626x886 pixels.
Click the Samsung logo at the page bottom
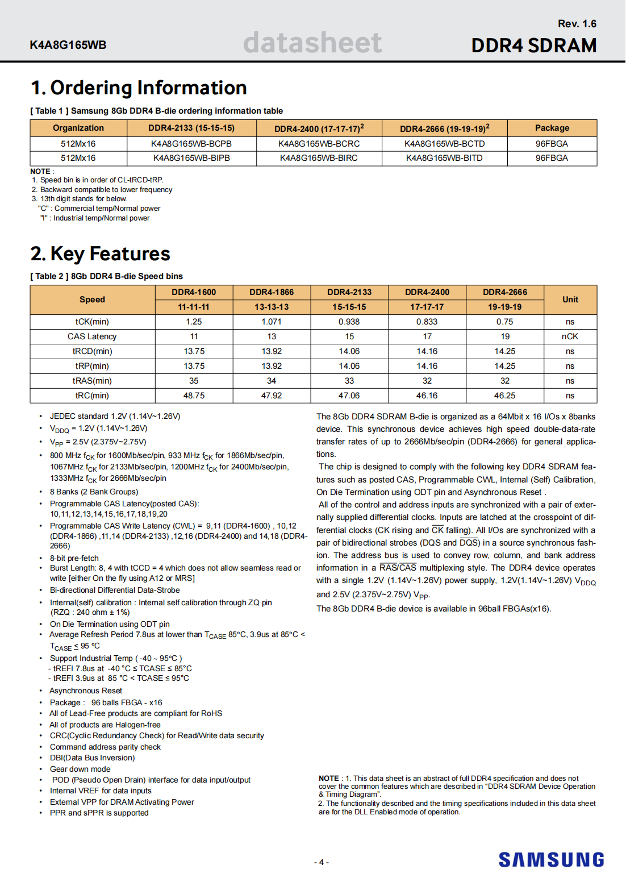pos(551,859)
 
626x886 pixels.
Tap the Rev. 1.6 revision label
pos(577,24)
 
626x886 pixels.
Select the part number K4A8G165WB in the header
pos(68,45)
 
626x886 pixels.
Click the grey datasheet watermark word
pos(312,43)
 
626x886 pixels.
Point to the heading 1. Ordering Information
pos(139,88)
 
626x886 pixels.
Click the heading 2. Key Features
pos(101,253)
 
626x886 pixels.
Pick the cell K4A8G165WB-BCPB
pos(191,144)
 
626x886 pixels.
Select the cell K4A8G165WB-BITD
pos(444,158)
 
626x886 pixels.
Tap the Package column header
pos(552,128)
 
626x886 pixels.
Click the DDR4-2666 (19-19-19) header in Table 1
pos(444,128)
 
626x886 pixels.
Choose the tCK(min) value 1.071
pos(272,322)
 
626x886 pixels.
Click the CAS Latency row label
pos(92,336)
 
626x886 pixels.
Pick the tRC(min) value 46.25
pos(504,396)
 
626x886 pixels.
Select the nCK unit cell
pos(570,336)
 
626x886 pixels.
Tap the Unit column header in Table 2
pos(570,300)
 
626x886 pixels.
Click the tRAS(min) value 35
pos(194,381)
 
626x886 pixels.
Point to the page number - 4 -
pos(322,862)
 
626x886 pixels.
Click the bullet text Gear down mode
pos(80,769)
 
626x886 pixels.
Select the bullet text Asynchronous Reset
pos(86,691)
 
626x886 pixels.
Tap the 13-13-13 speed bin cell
pos(272,307)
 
